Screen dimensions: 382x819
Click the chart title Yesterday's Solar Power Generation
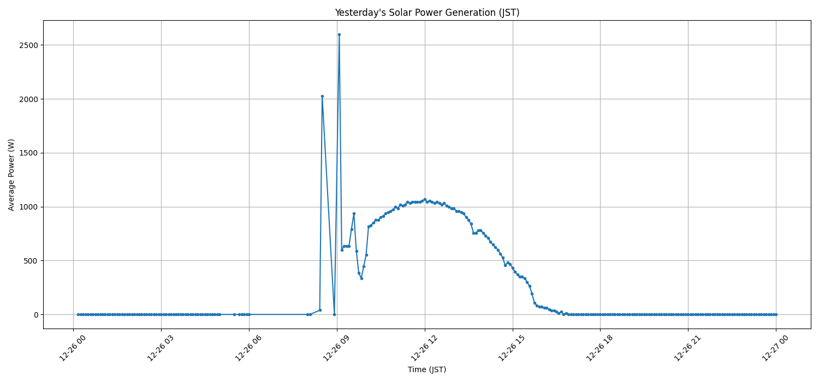(x=427, y=13)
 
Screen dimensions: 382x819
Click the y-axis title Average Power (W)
(x=11, y=175)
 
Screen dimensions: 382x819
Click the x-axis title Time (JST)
(x=427, y=369)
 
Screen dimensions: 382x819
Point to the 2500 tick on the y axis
(x=27, y=45)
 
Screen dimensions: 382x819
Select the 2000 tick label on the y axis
(x=27, y=99)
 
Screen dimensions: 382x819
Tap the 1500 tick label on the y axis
(x=27, y=153)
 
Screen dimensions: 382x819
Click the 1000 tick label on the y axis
(x=27, y=207)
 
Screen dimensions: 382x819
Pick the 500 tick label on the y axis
(x=29, y=261)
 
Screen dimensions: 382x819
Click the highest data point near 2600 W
(x=339, y=34)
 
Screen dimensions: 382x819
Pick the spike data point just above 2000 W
(x=322, y=96)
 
